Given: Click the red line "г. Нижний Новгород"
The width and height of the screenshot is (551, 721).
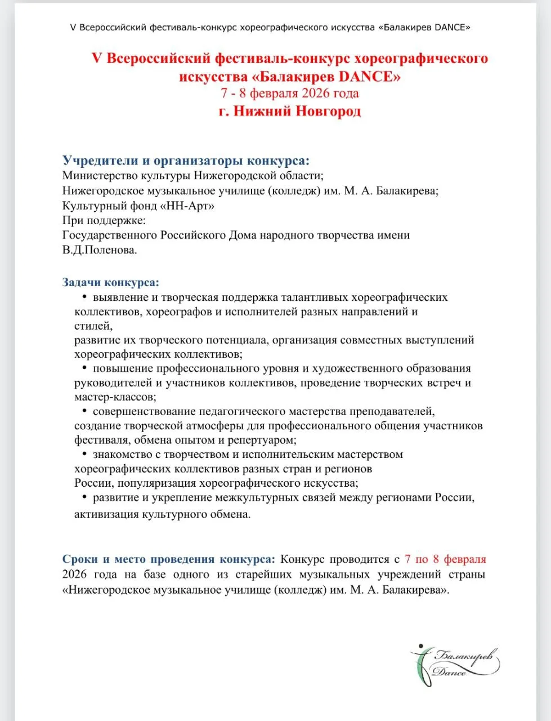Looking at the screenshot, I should [290, 111].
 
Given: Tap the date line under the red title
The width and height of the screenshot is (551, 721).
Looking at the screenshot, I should [290, 93].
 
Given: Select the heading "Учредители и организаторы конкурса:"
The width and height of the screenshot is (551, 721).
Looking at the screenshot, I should [186, 161].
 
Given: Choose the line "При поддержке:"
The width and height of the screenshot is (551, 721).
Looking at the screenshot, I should [104, 220].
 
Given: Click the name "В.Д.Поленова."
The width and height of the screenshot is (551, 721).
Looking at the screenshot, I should [100, 250].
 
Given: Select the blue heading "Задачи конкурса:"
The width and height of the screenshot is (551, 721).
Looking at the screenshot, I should [111, 282].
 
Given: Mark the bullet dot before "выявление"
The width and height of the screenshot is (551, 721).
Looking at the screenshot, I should [84, 297].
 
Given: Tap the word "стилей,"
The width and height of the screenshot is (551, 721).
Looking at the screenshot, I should [93, 326].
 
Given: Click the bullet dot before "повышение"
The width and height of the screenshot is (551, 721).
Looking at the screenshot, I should [84, 368].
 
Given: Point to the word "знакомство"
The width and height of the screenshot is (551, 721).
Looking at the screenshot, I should [123, 455].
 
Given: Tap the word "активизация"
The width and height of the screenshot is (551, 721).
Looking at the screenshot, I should [106, 514].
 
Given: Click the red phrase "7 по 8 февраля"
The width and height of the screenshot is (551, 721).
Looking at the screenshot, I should [445, 559].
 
